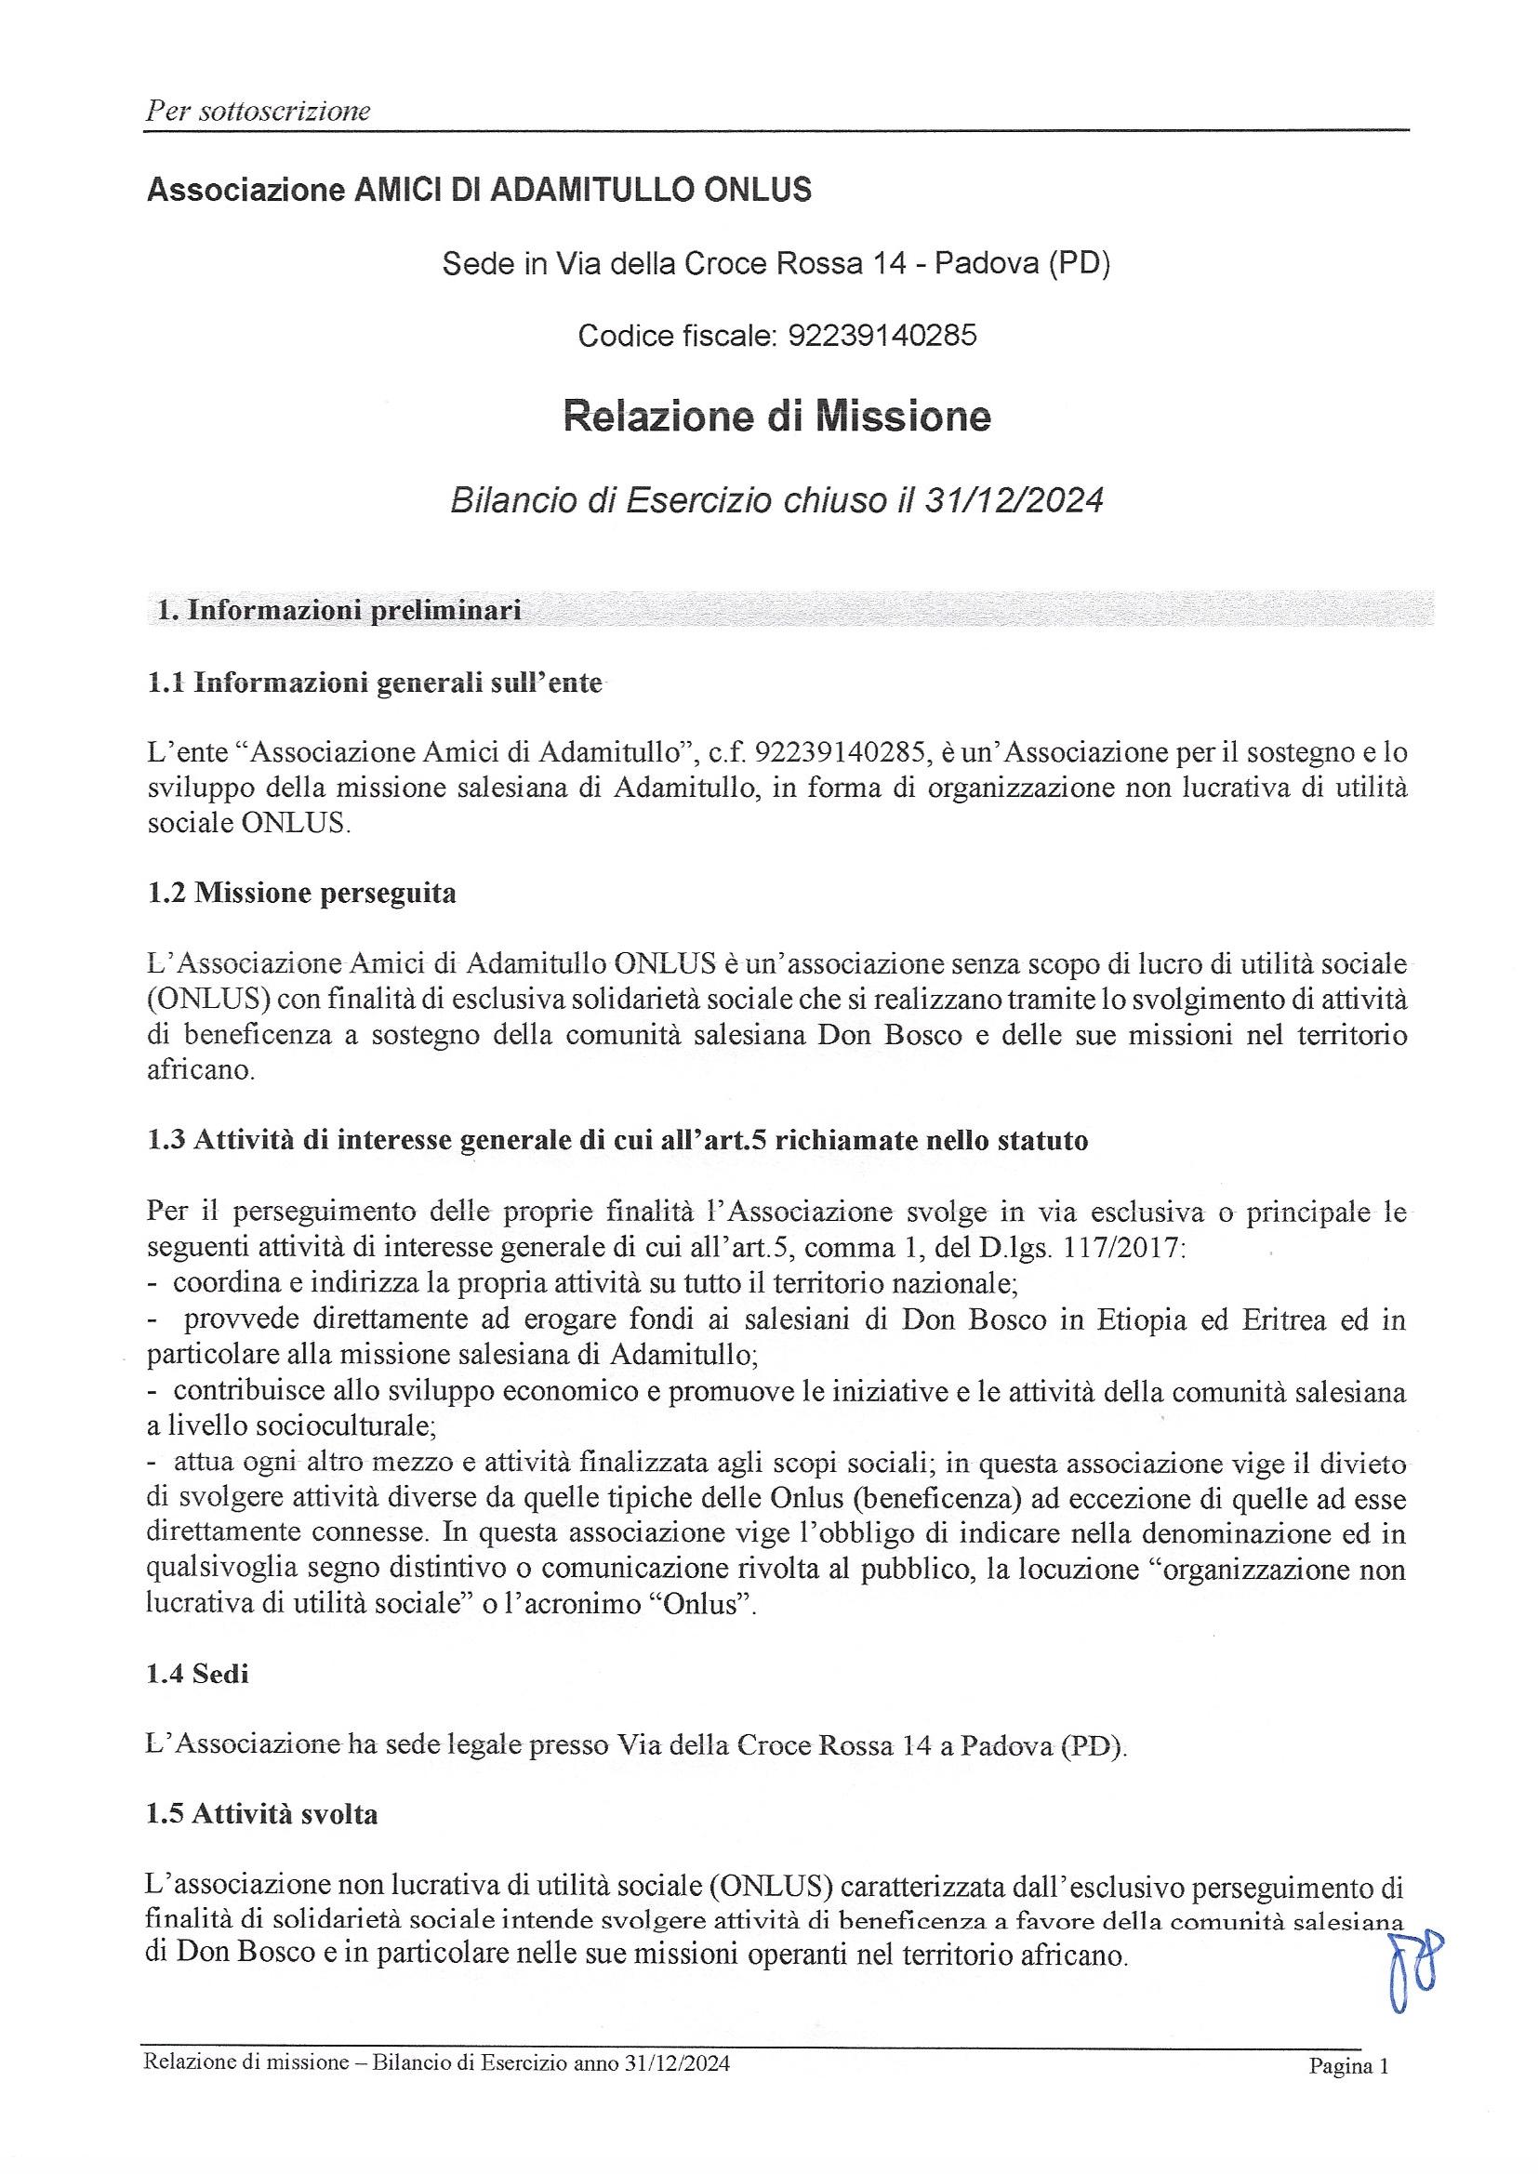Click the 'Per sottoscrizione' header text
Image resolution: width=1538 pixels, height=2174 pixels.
[257, 112]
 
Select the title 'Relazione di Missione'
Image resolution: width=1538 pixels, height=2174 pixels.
[776, 416]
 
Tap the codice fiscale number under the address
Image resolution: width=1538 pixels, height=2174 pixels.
[882, 334]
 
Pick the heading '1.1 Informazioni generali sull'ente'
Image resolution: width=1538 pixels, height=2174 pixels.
[374, 683]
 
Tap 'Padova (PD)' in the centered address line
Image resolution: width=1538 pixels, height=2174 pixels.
[1022, 263]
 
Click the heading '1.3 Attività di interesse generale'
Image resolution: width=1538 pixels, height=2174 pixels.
[617, 1140]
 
